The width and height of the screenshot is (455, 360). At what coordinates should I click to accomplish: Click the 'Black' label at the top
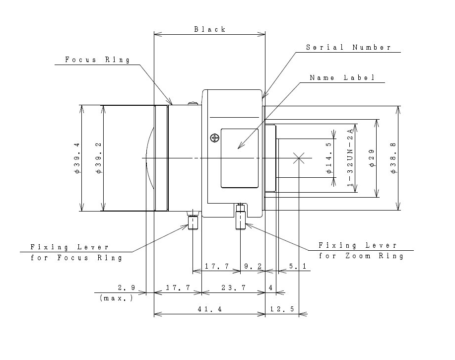(209, 29)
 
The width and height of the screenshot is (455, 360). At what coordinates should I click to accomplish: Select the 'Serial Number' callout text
(348, 48)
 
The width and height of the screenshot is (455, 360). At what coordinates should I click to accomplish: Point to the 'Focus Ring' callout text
(97, 60)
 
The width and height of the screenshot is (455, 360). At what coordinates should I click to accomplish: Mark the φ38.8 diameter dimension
(393, 158)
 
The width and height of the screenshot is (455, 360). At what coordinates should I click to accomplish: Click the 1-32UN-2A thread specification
(350, 158)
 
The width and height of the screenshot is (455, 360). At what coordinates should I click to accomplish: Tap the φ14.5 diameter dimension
(329, 158)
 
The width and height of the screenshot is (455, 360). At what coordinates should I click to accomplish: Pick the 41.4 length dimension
(209, 309)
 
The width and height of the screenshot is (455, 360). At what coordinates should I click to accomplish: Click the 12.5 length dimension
(282, 309)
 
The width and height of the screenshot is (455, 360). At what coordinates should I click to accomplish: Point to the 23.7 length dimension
(233, 288)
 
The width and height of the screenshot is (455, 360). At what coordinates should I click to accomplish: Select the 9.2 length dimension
(253, 267)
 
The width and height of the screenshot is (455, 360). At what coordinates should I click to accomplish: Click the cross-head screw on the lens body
(214, 138)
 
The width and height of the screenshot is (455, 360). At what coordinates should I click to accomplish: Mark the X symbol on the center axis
(298, 158)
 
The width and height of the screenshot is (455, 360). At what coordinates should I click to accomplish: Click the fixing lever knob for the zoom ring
(241, 219)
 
